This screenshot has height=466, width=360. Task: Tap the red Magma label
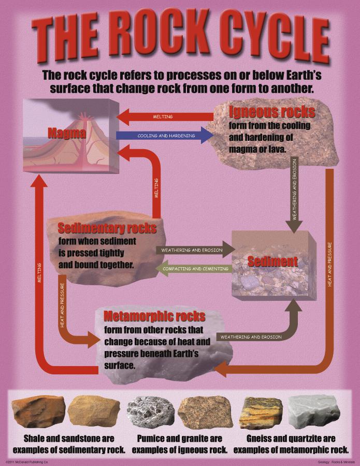pos(66,133)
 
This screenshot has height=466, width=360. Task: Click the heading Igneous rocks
pos(271,112)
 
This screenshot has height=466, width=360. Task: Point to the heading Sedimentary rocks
pos(107,228)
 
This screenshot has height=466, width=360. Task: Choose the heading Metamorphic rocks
pos(154,316)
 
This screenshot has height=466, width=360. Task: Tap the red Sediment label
pos(272,261)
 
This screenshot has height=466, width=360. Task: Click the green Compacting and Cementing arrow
pos(193,269)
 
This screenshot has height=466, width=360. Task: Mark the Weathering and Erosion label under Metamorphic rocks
pos(251,337)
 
